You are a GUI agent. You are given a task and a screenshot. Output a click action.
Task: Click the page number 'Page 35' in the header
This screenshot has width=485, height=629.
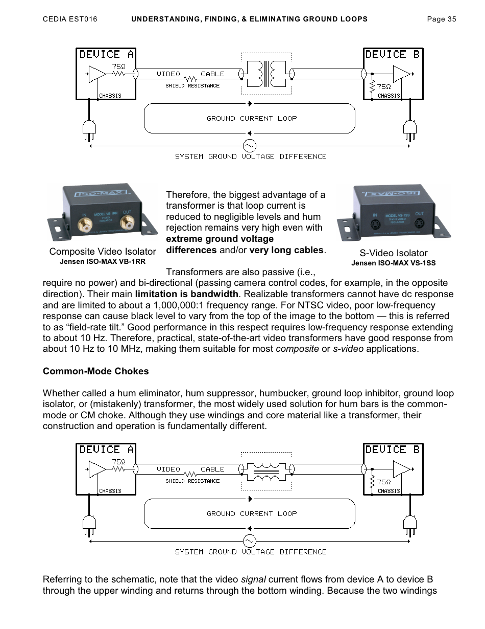pyautogui.click(x=441, y=19)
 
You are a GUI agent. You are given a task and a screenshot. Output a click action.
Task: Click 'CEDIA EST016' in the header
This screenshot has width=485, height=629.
pyautogui.click(x=69, y=19)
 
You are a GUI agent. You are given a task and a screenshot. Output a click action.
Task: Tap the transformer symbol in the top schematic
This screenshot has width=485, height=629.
pyautogui.click(x=266, y=74)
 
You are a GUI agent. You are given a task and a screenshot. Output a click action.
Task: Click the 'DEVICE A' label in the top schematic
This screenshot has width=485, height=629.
pyautogui.click(x=106, y=54)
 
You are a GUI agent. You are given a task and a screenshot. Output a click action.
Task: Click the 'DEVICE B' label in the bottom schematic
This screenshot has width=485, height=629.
pyautogui.click(x=392, y=450)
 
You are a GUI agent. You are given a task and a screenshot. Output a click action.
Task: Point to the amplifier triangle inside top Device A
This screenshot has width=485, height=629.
pyautogui.click(x=96, y=74)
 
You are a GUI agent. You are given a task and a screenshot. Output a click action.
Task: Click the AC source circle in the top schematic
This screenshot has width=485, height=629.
pyautogui.click(x=249, y=146)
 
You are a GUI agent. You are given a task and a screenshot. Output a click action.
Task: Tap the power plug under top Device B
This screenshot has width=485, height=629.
pyautogui.click(x=409, y=130)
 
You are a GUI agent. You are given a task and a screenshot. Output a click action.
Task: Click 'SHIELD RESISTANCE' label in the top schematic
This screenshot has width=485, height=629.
pyautogui.click(x=192, y=86)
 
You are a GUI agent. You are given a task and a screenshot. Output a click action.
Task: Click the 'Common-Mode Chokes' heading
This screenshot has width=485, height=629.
pyautogui.click(x=95, y=371)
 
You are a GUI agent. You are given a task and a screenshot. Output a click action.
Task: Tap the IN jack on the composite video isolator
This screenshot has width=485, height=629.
pyautogui.click(x=83, y=223)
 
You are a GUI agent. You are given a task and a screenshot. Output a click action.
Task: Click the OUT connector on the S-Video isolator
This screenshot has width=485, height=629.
pyautogui.click(x=419, y=223)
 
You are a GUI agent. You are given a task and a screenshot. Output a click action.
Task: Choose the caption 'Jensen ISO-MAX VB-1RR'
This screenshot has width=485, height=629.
pyautogui.click(x=103, y=261)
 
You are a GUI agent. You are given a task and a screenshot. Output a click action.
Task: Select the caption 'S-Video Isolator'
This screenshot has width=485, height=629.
pyautogui.click(x=393, y=253)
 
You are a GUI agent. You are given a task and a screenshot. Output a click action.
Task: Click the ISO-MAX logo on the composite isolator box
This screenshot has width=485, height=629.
pyautogui.click(x=100, y=194)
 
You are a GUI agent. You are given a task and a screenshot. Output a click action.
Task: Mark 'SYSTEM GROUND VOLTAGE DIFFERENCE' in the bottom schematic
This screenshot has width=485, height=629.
pyautogui.click(x=251, y=552)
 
